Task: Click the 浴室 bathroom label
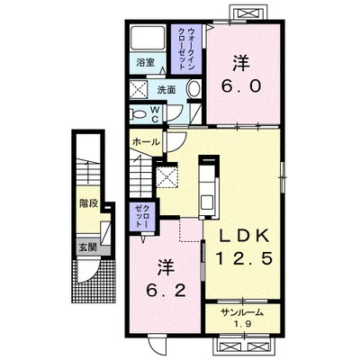146,63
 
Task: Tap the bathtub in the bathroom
148,38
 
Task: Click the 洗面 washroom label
166,90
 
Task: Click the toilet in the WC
138,114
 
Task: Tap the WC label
155,113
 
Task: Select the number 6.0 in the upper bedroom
241,86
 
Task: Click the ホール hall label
146,141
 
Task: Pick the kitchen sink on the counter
207,202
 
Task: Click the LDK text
243,237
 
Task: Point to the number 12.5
243,258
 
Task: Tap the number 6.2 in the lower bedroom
166,290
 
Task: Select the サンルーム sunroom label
242,312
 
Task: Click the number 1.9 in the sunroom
242,324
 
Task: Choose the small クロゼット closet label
142,215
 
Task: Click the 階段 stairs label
89,203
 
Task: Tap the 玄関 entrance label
87,247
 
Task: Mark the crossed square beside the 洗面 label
139,89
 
